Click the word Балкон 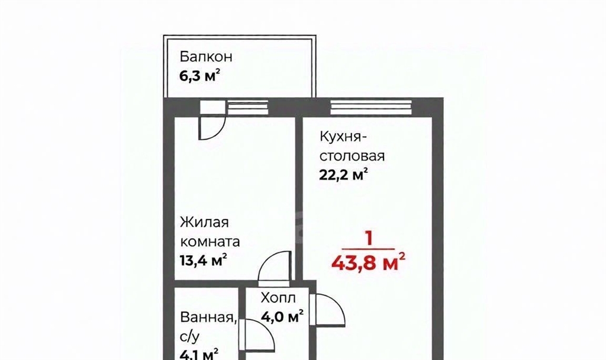tap(206, 56)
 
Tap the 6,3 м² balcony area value tap(200, 75)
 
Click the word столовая tap(352, 156)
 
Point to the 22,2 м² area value tap(343, 175)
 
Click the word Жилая tap(204, 223)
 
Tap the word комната tap(210, 242)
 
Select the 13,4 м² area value tap(204, 260)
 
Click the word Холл tap(278, 298)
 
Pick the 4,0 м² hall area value tap(282, 317)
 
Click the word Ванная tap(208, 318)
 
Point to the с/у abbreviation tap(190, 337)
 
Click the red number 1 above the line tap(369, 239)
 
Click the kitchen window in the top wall tap(371, 108)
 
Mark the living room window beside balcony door tap(248, 108)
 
